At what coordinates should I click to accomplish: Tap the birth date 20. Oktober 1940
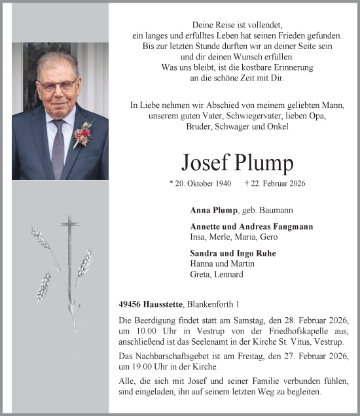tap(200, 183)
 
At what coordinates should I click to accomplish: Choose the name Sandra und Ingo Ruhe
tap(224, 253)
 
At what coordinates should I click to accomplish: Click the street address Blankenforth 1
tap(215, 304)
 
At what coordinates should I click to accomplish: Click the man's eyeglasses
tap(58, 85)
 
